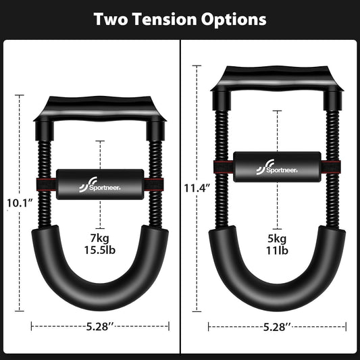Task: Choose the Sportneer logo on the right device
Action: coord(276,168)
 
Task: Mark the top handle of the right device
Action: coord(277,79)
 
